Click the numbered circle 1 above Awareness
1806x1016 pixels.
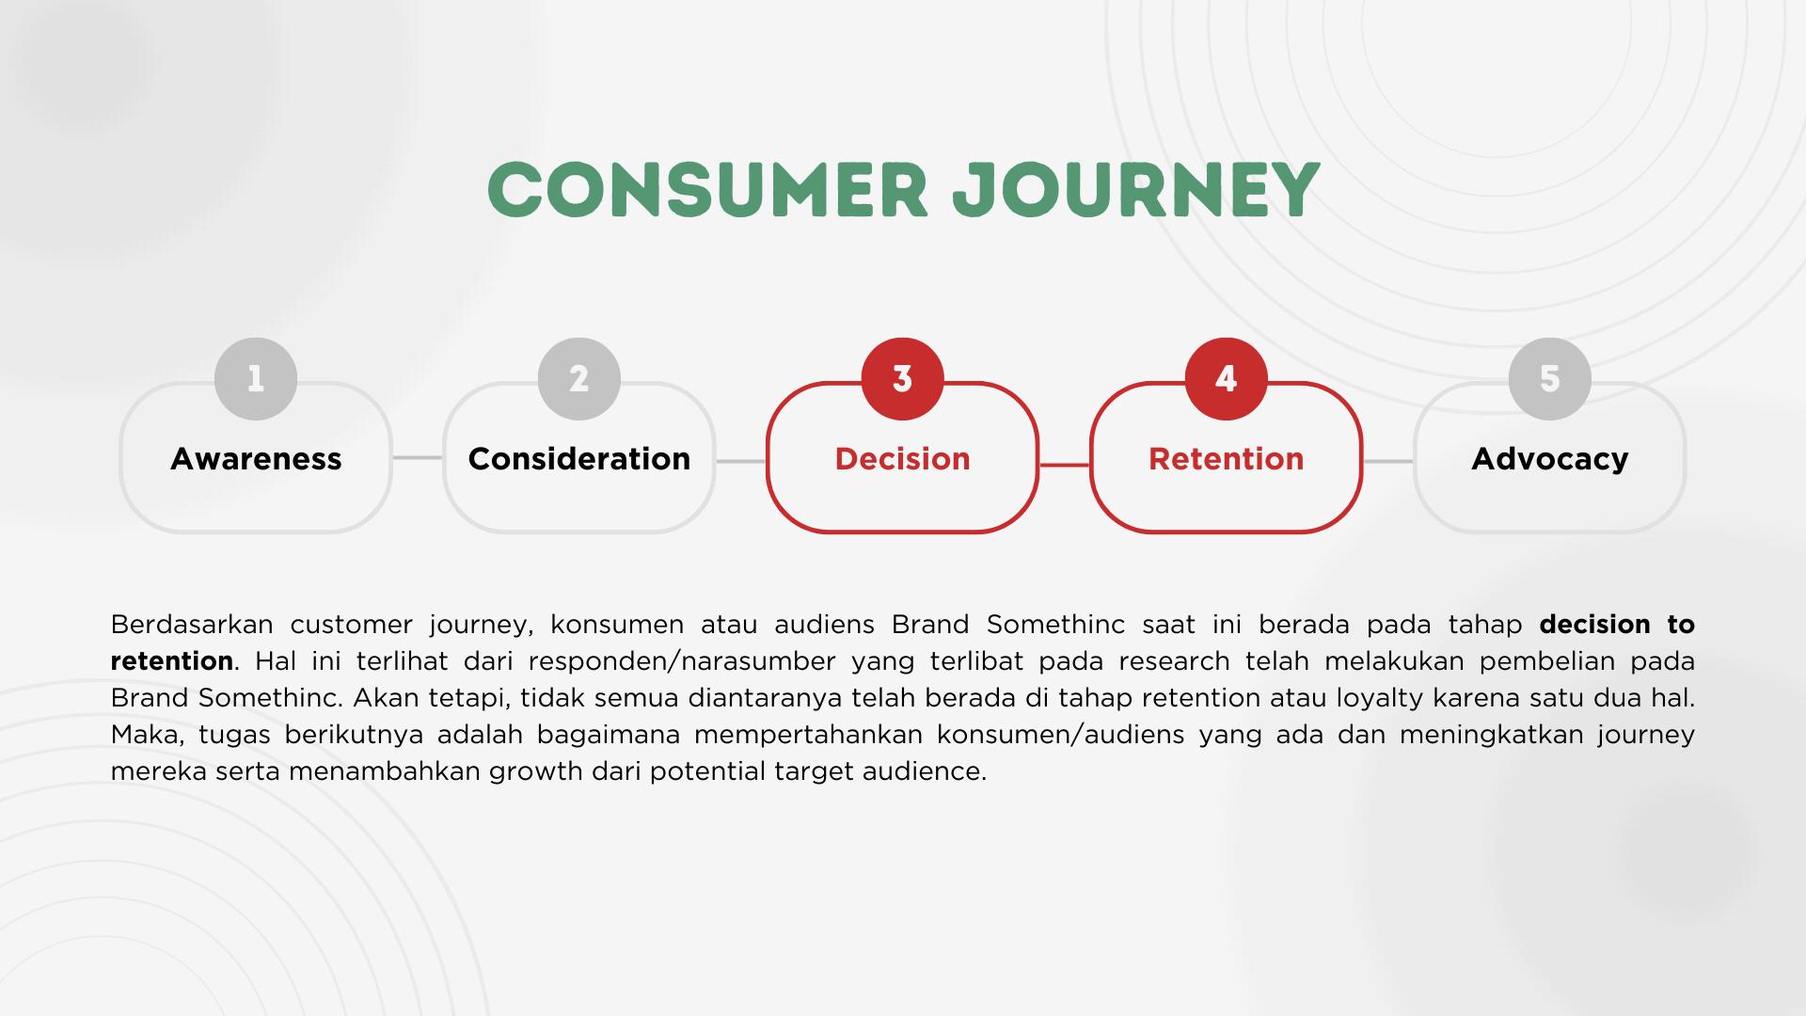[256, 379]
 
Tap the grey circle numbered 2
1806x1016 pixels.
[579, 379]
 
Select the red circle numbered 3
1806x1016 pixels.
[903, 379]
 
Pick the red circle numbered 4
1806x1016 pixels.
[1227, 379]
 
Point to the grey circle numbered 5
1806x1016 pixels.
[1550, 379]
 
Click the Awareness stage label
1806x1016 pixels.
[256, 459]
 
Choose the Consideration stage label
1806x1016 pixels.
[579, 459]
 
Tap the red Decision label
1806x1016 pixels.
[903, 459]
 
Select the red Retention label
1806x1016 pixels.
[1227, 459]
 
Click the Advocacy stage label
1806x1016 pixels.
[1550, 460]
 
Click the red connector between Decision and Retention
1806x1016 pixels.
[1065, 464]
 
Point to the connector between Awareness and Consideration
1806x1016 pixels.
[418, 458]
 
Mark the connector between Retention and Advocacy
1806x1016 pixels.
[1388, 462]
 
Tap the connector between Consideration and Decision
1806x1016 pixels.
[741, 462]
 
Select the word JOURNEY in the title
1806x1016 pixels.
[1136, 190]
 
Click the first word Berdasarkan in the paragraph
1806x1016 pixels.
[192, 625]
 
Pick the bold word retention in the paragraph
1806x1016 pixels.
[172, 661]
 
